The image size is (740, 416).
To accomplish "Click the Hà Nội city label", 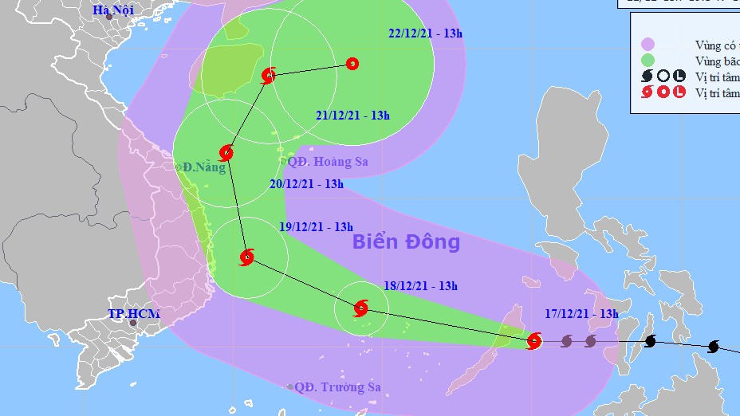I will (112, 10).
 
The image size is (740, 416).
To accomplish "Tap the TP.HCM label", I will (134, 314).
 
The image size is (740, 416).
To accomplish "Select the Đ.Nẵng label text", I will (204, 167).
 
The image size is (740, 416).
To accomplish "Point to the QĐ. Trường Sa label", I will (337, 387).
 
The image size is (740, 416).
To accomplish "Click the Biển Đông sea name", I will (406, 241).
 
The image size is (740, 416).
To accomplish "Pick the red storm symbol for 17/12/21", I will (534, 341).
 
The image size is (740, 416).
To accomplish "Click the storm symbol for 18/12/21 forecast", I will (360, 308).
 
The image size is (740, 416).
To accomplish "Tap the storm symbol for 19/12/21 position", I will (246, 257).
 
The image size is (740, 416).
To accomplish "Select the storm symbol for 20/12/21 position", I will (226, 152).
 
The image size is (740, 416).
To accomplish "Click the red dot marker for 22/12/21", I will (352, 64).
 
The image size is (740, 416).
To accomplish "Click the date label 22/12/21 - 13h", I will (425, 33).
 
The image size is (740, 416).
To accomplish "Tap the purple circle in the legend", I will (647, 44).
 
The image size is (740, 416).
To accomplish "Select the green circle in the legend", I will (647, 60).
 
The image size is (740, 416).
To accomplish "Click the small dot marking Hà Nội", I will (109, 17).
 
